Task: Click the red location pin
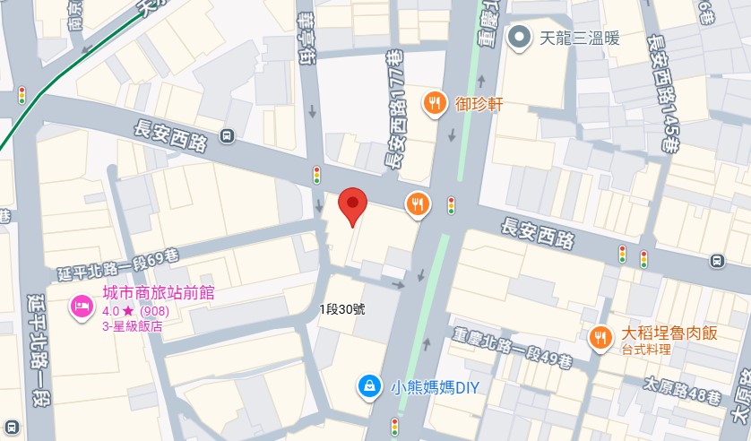pos(352,206)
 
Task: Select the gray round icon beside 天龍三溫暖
pos(519,38)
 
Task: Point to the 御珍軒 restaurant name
pos(479,104)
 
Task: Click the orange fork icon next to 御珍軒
pos(435,103)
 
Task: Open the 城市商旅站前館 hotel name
pos(158,293)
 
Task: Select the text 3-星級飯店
pos(134,327)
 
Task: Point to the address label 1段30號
pos(342,309)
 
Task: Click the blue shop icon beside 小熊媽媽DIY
pos(367,386)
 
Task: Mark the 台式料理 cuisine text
pos(646,350)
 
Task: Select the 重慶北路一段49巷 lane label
pos(513,347)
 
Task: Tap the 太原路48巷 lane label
pos(678,390)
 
